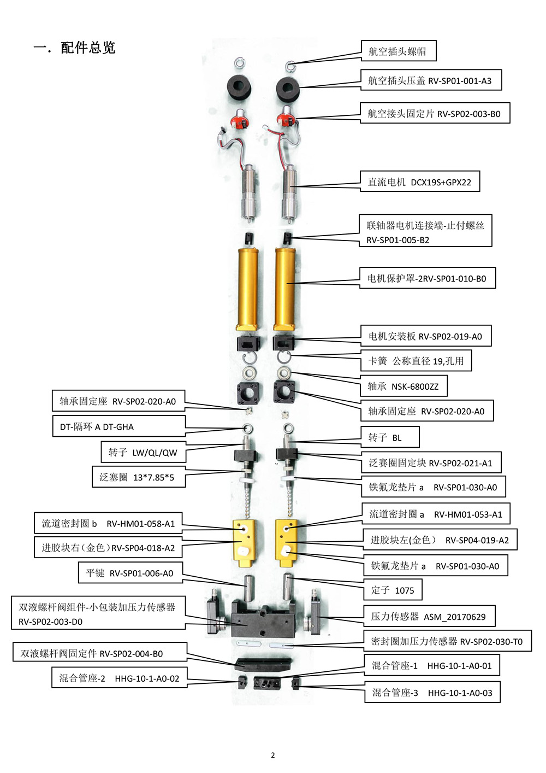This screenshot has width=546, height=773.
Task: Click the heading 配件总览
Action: (88, 48)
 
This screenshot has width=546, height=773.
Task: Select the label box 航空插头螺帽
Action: (399, 51)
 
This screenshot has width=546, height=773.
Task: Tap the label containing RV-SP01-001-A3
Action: (431, 80)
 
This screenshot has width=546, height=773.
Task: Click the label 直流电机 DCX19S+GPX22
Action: (419, 181)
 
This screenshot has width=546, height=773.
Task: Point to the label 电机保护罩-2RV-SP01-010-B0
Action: (428, 278)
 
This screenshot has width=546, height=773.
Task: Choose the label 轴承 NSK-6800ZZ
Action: (403, 386)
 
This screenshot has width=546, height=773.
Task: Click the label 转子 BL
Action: (390, 437)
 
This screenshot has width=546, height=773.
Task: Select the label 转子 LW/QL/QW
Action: (144, 452)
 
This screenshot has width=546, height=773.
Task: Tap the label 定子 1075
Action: (393, 590)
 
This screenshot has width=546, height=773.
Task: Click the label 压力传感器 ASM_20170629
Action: (429, 616)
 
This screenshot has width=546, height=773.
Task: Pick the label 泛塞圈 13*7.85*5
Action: (139, 477)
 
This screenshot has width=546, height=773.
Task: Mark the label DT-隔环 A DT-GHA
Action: (118, 426)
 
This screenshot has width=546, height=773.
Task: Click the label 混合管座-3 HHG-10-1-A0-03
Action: (432, 692)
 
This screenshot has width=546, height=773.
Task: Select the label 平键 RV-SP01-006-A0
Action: (130, 573)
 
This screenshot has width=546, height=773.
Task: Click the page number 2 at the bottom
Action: (273, 755)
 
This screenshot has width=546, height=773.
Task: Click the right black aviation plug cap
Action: (288, 89)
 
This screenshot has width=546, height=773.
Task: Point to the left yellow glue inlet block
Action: (245, 543)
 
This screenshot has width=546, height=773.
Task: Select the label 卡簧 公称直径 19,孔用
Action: (416, 361)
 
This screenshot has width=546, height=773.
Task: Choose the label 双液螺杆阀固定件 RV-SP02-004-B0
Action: (100, 653)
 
